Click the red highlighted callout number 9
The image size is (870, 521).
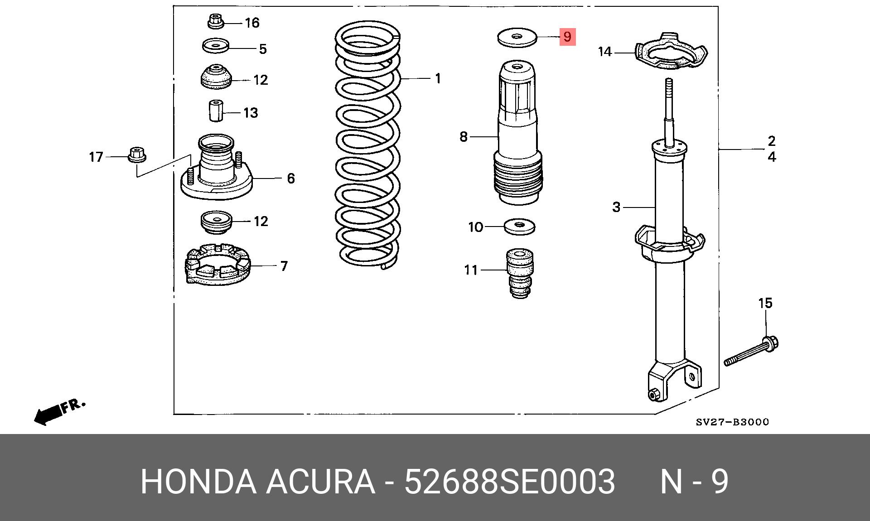click(x=567, y=36)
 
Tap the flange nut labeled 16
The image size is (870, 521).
click(x=215, y=21)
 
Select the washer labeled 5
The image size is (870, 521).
click(x=215, y=45)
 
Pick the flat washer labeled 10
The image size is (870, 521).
click(x=519, y=227)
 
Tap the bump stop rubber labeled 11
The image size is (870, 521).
click(x=520, y=273)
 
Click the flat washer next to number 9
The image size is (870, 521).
click(x=517, y=37)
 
